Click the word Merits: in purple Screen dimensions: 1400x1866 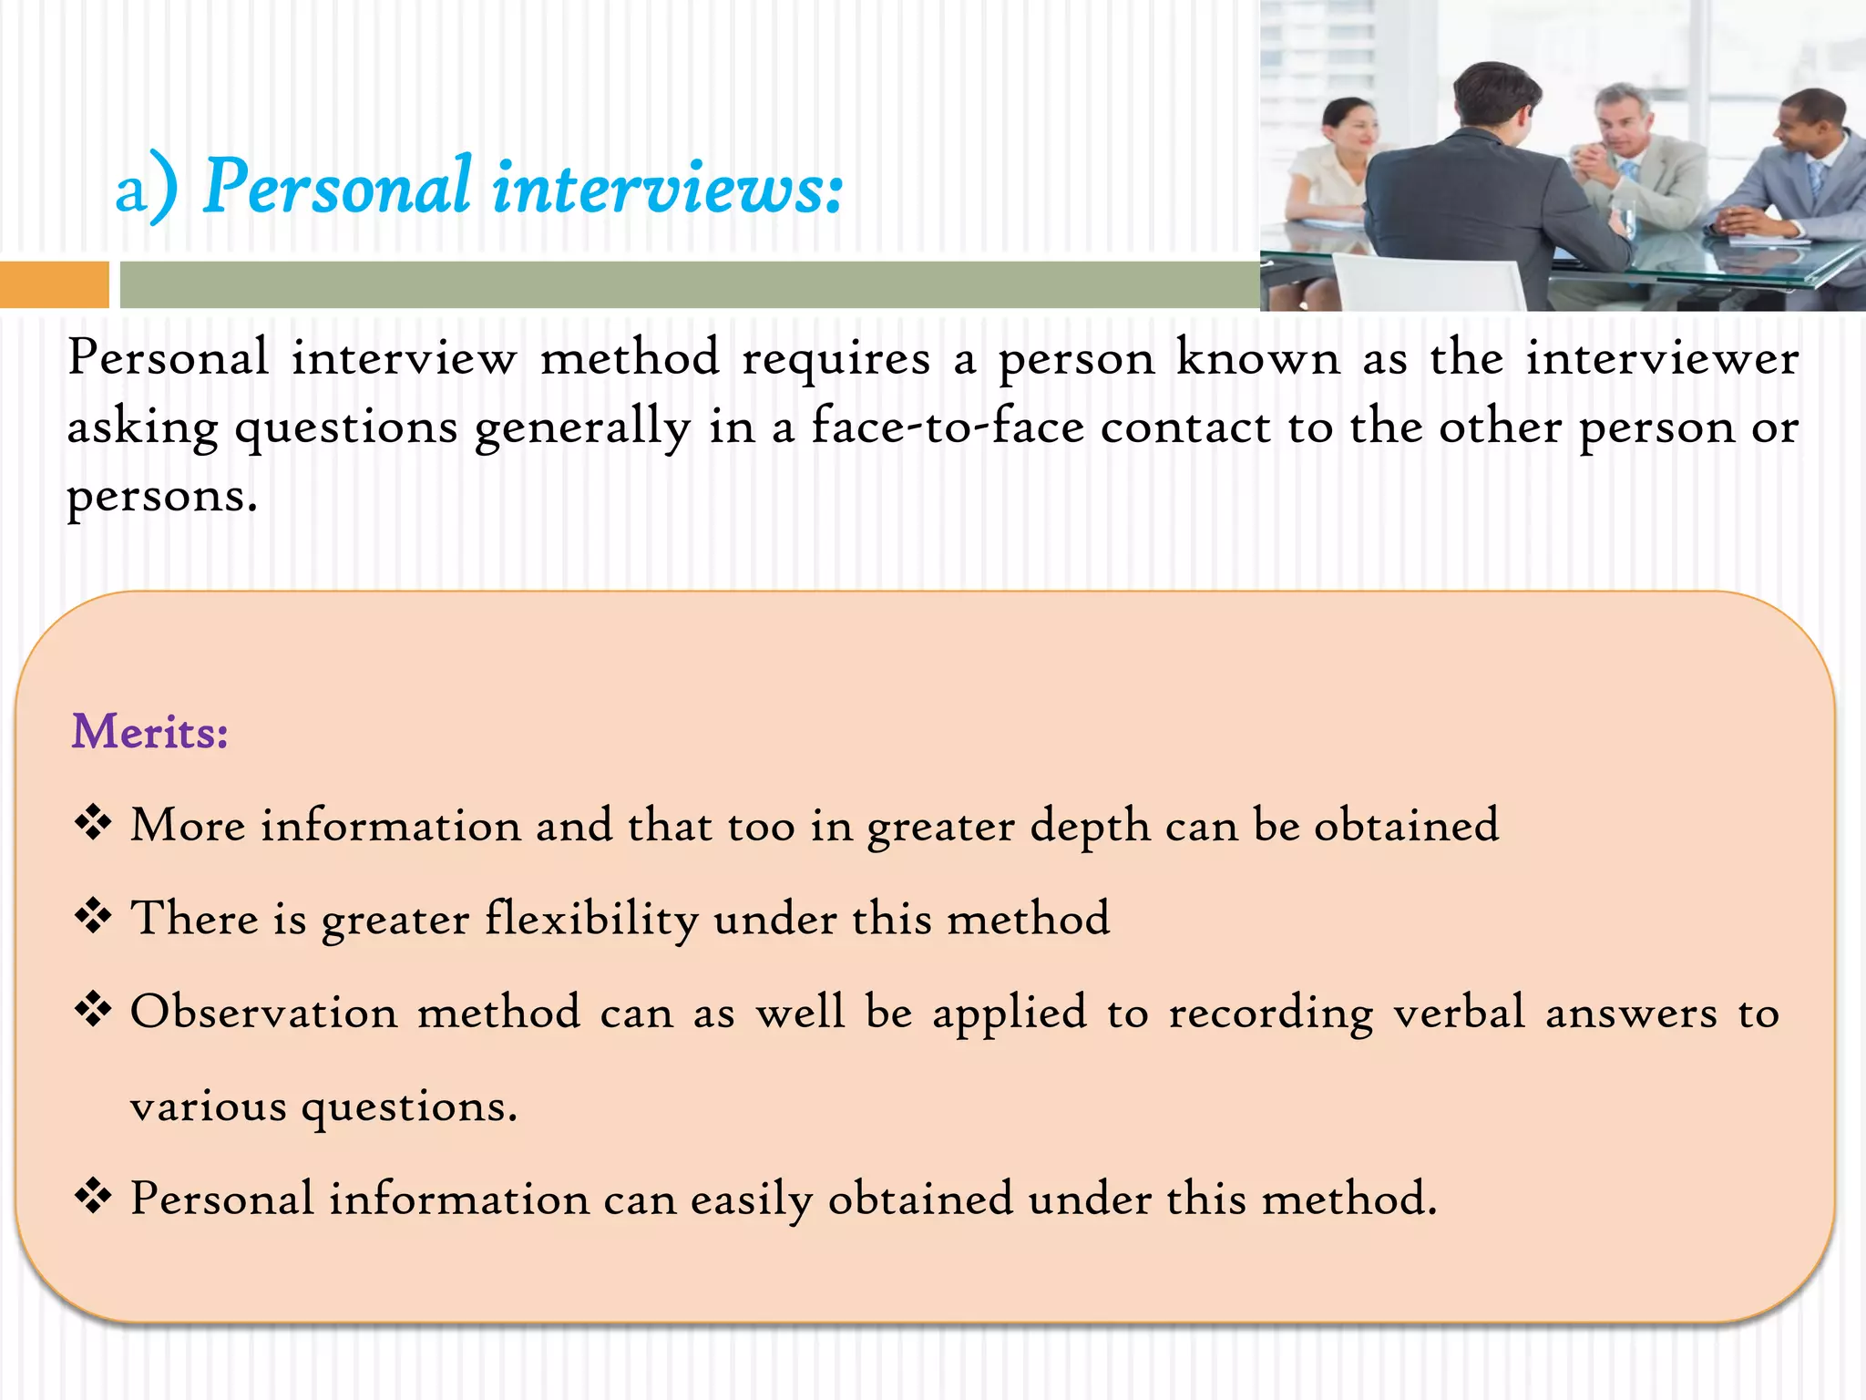[150, 732]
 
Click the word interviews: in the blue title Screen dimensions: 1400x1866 [668, 187]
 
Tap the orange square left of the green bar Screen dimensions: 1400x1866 [54, 284]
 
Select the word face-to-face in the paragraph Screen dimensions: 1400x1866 [948, 427]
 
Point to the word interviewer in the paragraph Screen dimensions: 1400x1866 [1662, 357]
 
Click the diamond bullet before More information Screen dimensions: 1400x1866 [93, 823]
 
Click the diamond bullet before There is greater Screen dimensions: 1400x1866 [93, 916]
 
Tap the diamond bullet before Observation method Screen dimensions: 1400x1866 [93, 1010]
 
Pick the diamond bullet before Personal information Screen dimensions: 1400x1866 [93, 1196]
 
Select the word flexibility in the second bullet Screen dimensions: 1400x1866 [591, 919]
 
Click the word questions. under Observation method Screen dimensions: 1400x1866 [409, 1107]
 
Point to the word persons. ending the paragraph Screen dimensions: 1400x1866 [162, 498]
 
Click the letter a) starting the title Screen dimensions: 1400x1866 [146, 190]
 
